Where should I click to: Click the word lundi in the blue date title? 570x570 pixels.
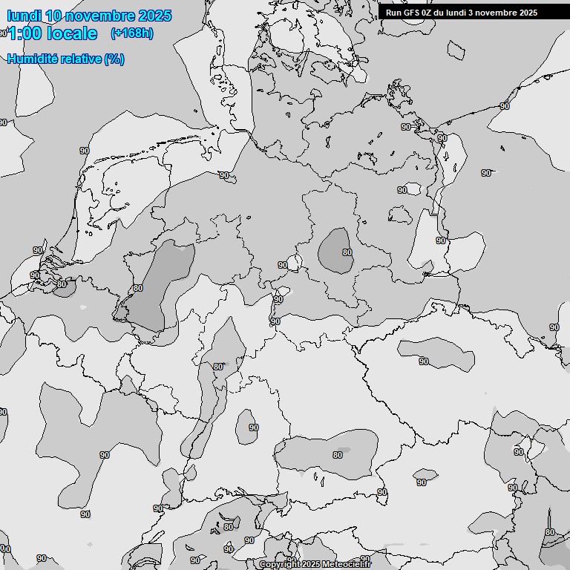click(24, 16)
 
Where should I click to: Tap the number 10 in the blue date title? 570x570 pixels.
click(53, 16)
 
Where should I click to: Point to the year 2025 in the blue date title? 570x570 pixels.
click(155, 16)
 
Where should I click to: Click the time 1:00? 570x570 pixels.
click(27, 33)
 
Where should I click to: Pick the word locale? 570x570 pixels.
click(72, 33)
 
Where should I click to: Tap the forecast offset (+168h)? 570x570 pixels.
click(131, 33)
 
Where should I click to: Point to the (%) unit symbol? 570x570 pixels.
click(114, 59)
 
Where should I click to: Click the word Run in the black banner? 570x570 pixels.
click(393, 13)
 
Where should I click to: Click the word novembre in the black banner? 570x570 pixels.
click(497, 13)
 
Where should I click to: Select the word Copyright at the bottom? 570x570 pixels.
click(280, 565)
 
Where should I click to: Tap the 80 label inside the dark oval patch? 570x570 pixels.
click(347, 252)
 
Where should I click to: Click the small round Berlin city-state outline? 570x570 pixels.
click(295, 262)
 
